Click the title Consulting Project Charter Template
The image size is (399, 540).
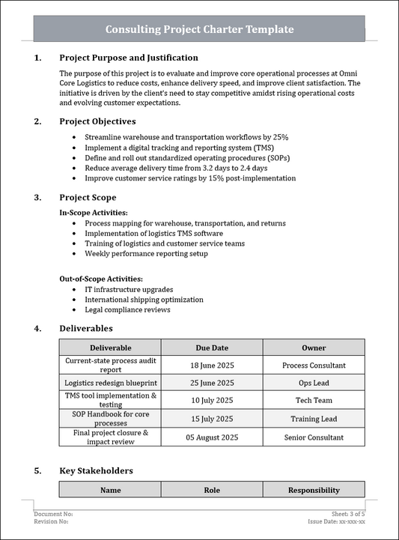(x=199, y=29)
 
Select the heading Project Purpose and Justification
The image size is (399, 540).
(x=129, y=58)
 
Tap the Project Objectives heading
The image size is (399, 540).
(x=97, y=121)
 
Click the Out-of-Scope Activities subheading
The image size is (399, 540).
(x=101, y=279)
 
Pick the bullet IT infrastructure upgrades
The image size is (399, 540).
(x=129, y=289)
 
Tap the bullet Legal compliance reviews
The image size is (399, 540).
(x=127, y=309)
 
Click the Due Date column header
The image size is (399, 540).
(x=212, y=348)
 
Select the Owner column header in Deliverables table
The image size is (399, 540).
(x=314, y=348)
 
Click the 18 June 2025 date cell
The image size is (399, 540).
(x=212, y=365)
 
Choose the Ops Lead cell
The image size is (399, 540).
(x=314, y=383)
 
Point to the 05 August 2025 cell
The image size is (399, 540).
(x=212, y=437)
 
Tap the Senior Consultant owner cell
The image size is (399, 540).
(x=314, y=437)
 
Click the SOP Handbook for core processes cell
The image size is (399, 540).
(x=110, y=419)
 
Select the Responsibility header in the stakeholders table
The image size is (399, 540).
(x=314, y=491)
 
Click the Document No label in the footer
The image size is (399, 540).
(x=53, y=515)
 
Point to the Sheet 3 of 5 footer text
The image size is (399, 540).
(x=347, y=515)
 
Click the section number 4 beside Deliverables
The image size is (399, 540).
(x=37, y=328)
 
